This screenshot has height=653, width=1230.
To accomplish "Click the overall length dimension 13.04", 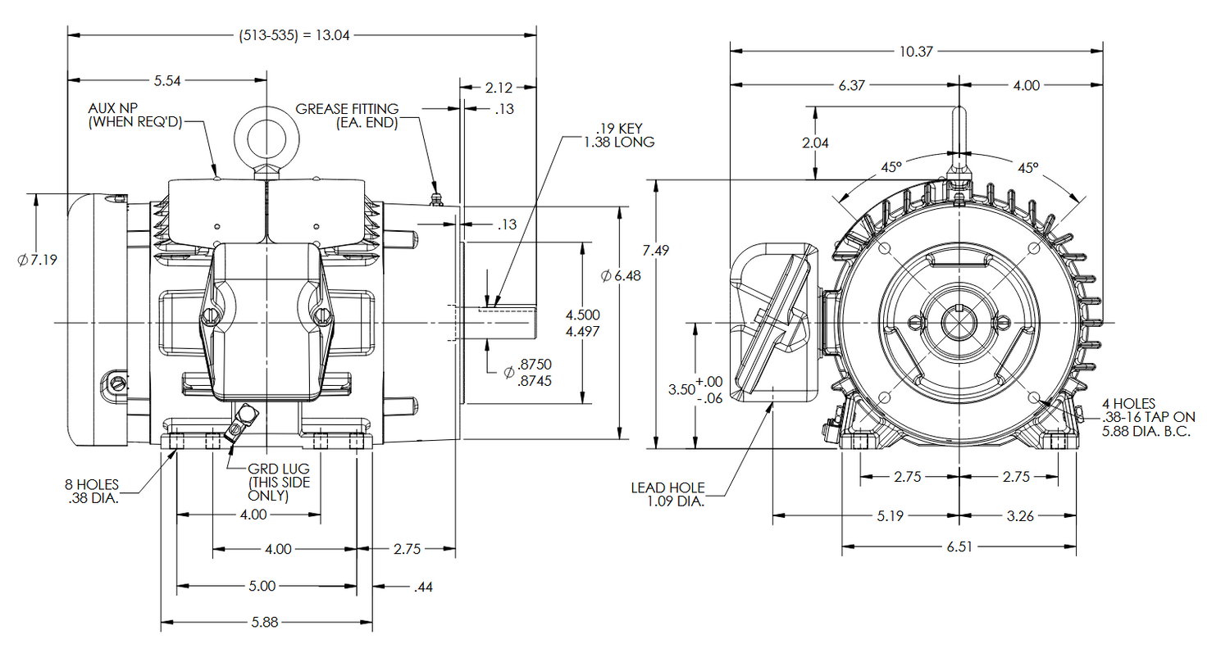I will [x=294, y=36].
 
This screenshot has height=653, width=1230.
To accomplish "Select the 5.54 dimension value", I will [x=167, y=80].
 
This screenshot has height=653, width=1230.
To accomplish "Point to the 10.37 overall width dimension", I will [x=915, y=51].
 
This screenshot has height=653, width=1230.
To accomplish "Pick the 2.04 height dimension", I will [x=815, y=143].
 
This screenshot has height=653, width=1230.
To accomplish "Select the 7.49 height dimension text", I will [x=656, y=251].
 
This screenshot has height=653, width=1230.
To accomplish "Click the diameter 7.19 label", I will [x=36, y=260].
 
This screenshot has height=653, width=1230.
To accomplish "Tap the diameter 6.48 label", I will [x=621, y=276].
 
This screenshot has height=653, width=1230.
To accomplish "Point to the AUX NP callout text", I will [x=135, y=116].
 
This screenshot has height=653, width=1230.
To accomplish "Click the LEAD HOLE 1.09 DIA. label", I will [x=667, y=494].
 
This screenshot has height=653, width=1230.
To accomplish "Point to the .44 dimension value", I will [x=424, y=587].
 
